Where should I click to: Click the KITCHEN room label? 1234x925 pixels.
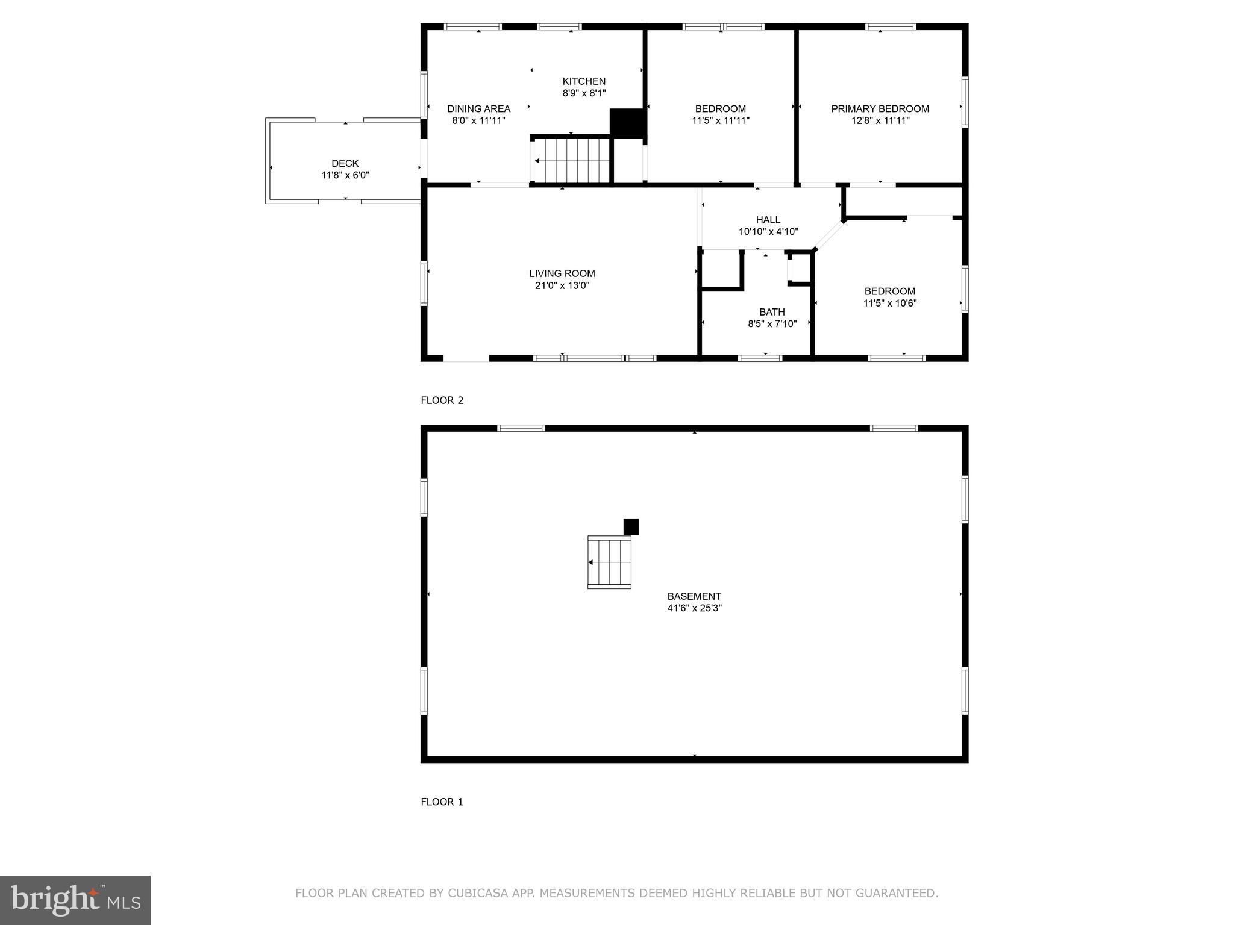coord(583,81)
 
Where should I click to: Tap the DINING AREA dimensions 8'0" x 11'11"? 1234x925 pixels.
coord(478,120)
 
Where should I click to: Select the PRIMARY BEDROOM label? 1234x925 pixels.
coord(880,109)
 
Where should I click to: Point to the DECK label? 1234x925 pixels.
coord(345,163)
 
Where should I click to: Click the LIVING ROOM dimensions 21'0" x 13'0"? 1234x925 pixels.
coord(562,285)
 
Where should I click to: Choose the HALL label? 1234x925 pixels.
coord(768,220)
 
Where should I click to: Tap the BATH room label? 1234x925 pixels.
coord(771,312)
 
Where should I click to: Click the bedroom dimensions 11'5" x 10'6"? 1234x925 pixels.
coord(889,303)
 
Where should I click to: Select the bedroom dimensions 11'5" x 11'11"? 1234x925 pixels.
coord(720,120)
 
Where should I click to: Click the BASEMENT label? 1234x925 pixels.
coord(694,596)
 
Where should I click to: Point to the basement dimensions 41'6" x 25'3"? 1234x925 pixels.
coord(694,608)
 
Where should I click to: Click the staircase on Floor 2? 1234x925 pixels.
coord(571,160)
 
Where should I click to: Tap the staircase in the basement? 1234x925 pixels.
coord(609,562)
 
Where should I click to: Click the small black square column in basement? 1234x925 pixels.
coord(630,526)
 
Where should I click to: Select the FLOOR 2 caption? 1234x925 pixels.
coord(442,400)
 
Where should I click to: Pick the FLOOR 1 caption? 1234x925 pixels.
coord(442,802)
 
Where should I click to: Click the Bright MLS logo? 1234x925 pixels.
coord(75,900)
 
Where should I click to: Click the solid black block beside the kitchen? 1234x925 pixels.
coord(627,123)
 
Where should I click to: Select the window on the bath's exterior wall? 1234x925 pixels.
coord(760,358)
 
